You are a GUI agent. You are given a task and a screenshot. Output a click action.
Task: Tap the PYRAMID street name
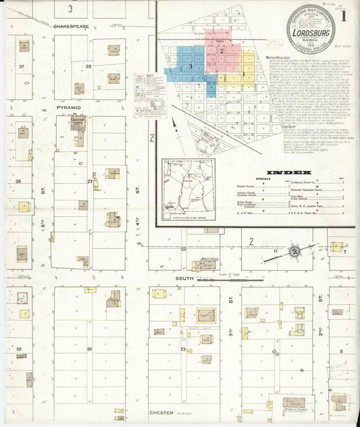pyautogui.click(x=68, y=107)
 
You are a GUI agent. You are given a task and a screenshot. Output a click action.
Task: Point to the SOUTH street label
pyautogui.click(x=185, y=278)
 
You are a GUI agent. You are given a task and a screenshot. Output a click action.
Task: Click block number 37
pyautogui.click(x=22, y=66)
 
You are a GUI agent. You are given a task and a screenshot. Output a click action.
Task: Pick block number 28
pyautogui.click(x=88, y=66)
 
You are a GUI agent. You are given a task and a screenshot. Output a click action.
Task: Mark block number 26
pyautogui.click(x=89, y=349)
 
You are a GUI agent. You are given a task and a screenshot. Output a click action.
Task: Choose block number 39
pyautogui.click(x=19, y=349)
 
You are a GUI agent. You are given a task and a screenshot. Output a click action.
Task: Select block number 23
pyautogui.click(x=183, y=349)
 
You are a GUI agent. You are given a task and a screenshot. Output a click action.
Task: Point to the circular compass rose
pyautogui.click(x=295, y=252)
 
